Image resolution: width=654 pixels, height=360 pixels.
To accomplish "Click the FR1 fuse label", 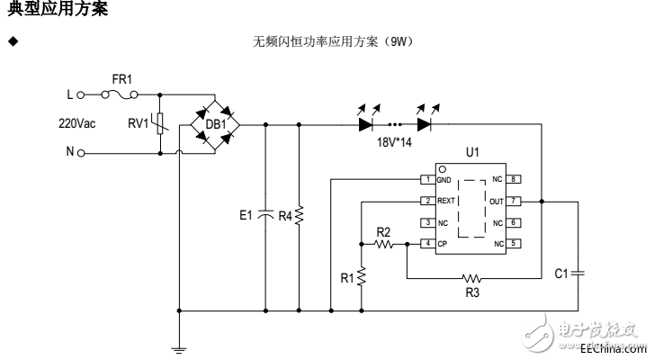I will tap(121, 79).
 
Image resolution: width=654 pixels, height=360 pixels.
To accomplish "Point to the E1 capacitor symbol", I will tap(264, 215).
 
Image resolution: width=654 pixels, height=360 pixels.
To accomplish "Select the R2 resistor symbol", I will tap(386, 243).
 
